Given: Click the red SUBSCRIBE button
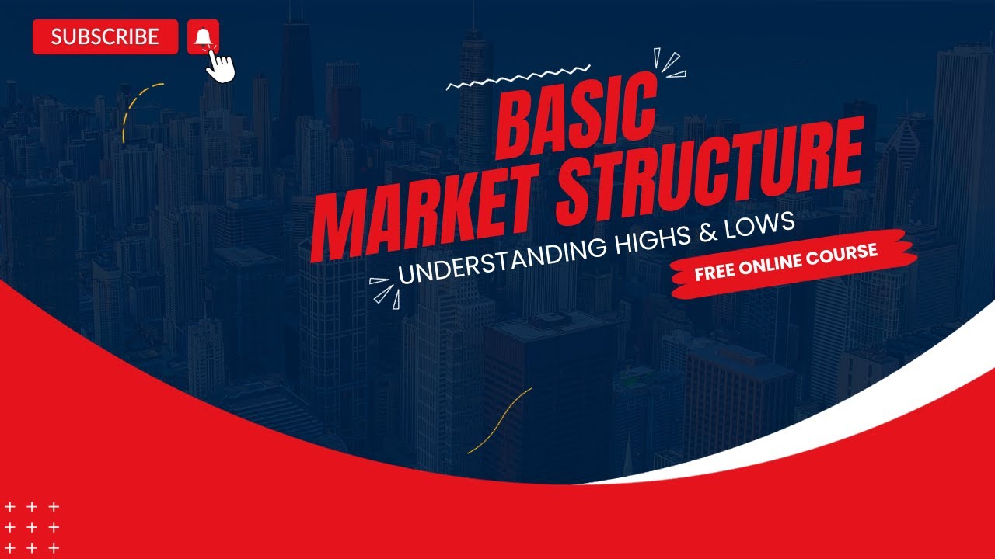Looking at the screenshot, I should tap(106, 36).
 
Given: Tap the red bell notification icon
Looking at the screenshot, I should tap(203, 36).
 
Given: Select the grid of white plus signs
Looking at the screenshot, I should tap(32, 527).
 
